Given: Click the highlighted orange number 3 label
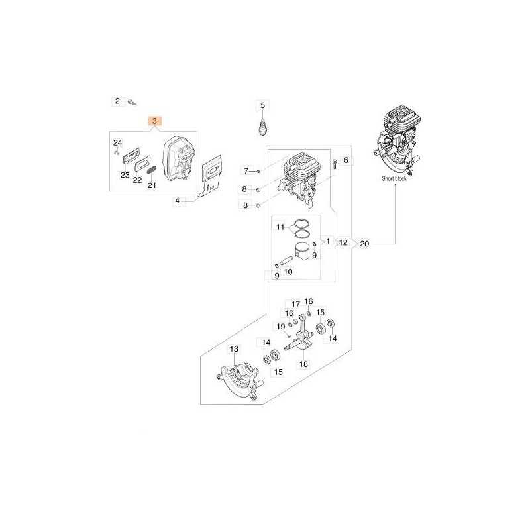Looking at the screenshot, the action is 155,121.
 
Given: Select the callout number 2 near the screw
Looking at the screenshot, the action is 117,101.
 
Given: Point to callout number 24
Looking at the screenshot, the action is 117,142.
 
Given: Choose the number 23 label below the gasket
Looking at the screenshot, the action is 125,175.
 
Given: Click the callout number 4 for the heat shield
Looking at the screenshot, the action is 177,201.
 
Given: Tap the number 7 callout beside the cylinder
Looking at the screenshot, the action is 246,171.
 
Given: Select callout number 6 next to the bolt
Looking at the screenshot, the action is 346,160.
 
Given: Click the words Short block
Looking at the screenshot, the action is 394,178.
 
